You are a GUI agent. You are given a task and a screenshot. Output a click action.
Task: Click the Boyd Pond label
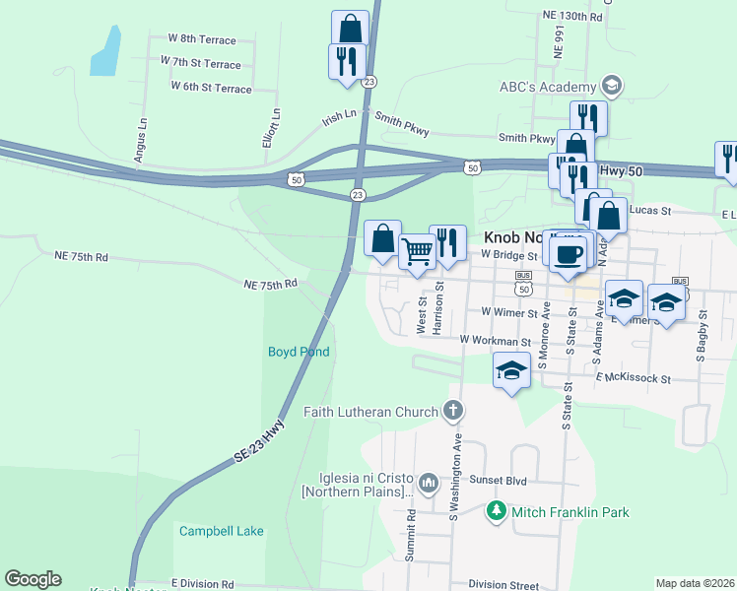[298, 352]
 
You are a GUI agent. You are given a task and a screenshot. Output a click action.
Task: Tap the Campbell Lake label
[221, 531]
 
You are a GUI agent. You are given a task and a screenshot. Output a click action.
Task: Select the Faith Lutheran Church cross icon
[453, 411]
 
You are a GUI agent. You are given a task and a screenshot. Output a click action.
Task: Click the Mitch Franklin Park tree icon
[497, 512]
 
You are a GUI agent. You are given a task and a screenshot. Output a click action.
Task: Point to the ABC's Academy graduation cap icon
[612, 86]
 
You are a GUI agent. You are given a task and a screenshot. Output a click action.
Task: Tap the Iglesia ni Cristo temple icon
[428, 483]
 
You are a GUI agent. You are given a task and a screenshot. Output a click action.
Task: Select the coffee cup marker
[567, 254]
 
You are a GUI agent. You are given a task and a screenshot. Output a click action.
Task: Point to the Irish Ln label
[339, 117]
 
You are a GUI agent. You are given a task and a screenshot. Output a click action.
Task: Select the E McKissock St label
[633, 378]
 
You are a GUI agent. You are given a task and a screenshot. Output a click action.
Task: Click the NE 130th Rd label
[571, 17]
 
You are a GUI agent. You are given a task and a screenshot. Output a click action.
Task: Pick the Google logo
[33, 579]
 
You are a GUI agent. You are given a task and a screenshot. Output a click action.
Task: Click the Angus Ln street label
[142, 139]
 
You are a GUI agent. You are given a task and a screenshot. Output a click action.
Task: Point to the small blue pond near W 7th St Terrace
[105, 52]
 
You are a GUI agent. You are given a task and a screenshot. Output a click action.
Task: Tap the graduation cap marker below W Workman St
[510, 372]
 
